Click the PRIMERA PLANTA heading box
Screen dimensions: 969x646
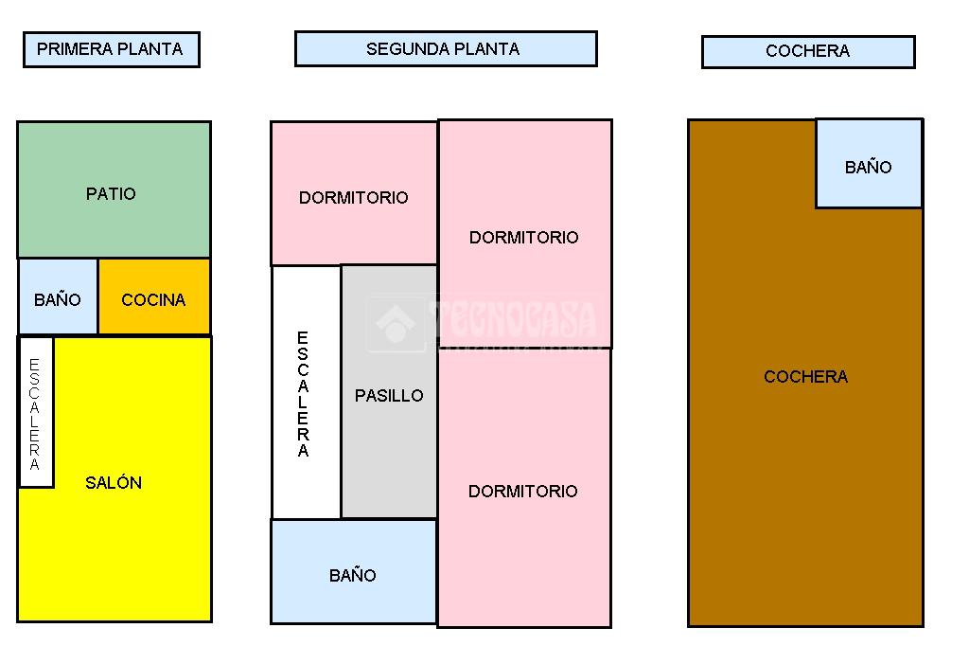111,49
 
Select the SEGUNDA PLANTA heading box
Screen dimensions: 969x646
445,49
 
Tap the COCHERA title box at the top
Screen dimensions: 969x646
807,52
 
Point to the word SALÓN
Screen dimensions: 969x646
114,482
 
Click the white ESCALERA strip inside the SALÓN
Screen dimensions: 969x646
36,413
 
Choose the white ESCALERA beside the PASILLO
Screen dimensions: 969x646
305,392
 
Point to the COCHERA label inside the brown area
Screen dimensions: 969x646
805,376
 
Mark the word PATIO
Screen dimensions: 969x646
111,193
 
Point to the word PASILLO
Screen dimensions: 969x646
389,396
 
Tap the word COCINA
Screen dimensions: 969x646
153,300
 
